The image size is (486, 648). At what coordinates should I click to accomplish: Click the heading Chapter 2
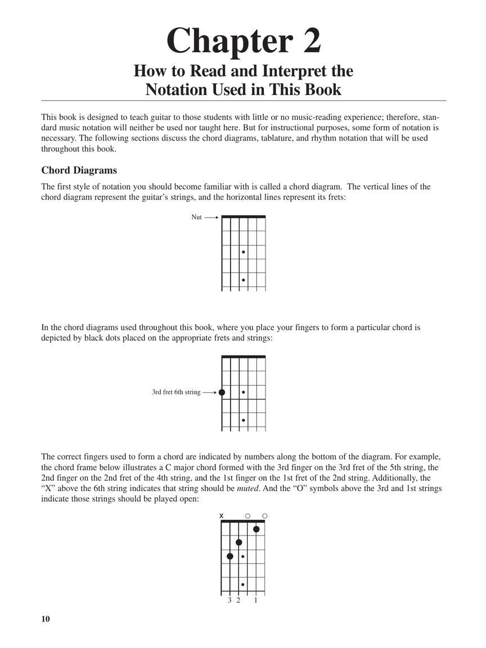tap(244, 42)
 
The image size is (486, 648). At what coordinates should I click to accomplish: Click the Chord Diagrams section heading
tap(79, 170)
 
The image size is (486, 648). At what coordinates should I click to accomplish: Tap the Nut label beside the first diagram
tap(196, 217)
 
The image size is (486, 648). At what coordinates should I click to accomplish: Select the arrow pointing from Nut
tap(211, 217)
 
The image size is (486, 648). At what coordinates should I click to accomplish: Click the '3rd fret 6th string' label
tap(176, 392)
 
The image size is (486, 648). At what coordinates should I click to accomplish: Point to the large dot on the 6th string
tap(222, 392)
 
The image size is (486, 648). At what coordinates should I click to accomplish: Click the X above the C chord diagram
tap(222, 516)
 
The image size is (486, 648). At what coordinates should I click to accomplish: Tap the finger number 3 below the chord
tap(230, 601)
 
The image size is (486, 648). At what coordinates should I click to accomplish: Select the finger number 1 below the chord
tap(256, 601)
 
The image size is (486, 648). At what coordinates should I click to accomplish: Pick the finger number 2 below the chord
tap(238, 601)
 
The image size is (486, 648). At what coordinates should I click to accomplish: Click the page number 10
tap(46, 619)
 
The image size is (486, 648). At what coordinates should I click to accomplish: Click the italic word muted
tap(247, 488)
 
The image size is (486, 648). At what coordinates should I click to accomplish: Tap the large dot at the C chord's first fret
tap(256, 529)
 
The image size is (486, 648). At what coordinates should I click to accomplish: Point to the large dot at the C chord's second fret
tap(239, 542)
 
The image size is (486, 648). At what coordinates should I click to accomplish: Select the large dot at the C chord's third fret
tap(230, 556)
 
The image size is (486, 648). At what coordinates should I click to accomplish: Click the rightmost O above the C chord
tap(265, 516)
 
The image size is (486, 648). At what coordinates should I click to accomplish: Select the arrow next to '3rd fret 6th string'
tap(209, 392)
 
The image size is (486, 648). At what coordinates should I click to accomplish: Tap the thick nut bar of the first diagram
tap(244, 216)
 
